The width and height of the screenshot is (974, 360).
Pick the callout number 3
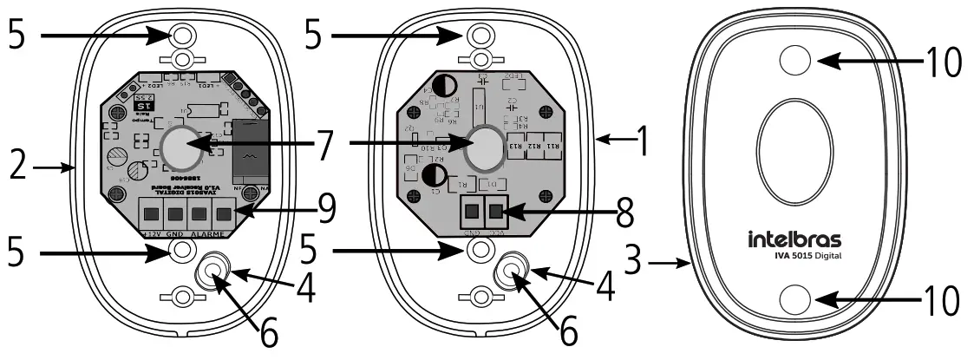[645, 260]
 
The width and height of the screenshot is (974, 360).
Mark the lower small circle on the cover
[795, 300]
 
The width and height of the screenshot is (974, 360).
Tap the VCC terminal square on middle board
[496, 211]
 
